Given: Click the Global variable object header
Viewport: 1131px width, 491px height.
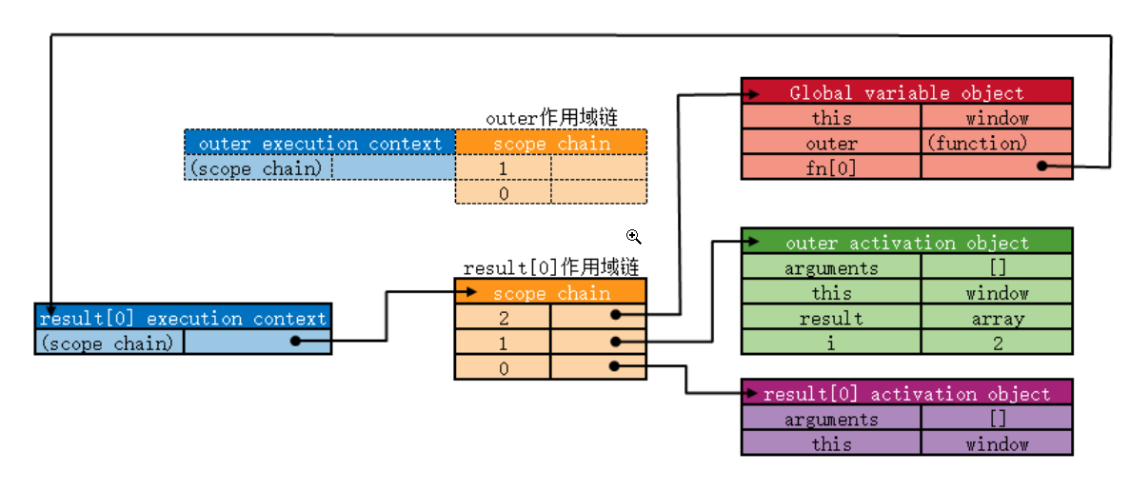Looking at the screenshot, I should click(x=906, y=92).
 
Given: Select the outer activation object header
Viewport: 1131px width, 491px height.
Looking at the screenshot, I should click(x=906, y=243).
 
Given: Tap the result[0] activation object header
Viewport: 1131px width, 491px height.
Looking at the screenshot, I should click(x=906, y=394).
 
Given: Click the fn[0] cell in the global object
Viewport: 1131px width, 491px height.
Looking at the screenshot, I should click(x=831, y=167).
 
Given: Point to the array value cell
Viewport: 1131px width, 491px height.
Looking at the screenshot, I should click(x=997, y=318).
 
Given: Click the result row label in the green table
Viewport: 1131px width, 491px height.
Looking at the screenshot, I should click(x=831, y=318).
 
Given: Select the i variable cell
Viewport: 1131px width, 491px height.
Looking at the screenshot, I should click(x=831, y=343).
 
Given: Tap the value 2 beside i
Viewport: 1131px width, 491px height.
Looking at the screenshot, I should click(x=997, y=343).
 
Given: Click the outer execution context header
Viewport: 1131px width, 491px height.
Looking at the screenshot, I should click(x=320, y=144).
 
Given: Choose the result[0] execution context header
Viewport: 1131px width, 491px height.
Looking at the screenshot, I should click(x=183, y=318).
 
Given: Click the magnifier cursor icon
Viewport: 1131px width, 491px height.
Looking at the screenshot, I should click(x=633, y=237).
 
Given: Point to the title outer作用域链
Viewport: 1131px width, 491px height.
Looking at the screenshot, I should click(x=551, y=118).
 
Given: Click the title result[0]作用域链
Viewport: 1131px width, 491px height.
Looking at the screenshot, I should click(x=550, y=267).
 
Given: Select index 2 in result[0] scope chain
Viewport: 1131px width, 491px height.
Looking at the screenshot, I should click(x=504, y=318).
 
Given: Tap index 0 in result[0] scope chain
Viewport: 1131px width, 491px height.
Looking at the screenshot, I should click(x=504, y=368).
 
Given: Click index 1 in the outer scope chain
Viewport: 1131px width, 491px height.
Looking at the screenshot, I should click(x=504, y=168).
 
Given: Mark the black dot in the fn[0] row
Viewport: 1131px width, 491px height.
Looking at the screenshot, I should click(x=1042, y=166).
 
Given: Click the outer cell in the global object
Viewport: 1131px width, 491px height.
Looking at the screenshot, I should click(x=831, y=143).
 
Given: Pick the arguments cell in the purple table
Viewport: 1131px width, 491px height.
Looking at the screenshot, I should click(x=831, y=419).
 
